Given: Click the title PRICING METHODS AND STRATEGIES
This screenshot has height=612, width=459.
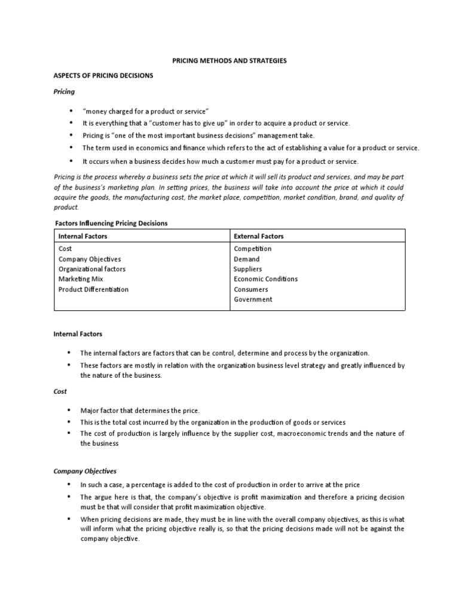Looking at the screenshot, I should point(229,61).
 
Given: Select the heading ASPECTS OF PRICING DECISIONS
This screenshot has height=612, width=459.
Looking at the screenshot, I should point(103,76).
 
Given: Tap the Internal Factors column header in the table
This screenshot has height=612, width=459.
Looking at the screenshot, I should point(83,237).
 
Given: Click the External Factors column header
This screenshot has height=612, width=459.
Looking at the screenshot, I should point(259,237).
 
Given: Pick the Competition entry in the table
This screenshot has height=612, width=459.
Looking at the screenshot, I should point(252,249).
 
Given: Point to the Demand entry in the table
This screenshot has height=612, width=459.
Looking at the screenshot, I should point(246,259).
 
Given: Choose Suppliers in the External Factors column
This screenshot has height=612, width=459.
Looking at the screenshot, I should point(247,269).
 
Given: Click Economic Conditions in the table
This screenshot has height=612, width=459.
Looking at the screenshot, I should point(265,279).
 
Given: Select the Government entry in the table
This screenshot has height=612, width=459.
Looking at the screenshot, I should point(253,299).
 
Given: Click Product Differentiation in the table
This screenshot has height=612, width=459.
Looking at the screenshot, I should point(93,289).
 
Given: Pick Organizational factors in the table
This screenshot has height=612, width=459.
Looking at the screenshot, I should point(92,269).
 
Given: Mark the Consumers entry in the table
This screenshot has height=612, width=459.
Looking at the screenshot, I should point(250,289).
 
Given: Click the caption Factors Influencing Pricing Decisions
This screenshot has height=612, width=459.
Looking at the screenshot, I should point(111,223).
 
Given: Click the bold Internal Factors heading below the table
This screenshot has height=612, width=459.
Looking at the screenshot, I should point(78,334).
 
